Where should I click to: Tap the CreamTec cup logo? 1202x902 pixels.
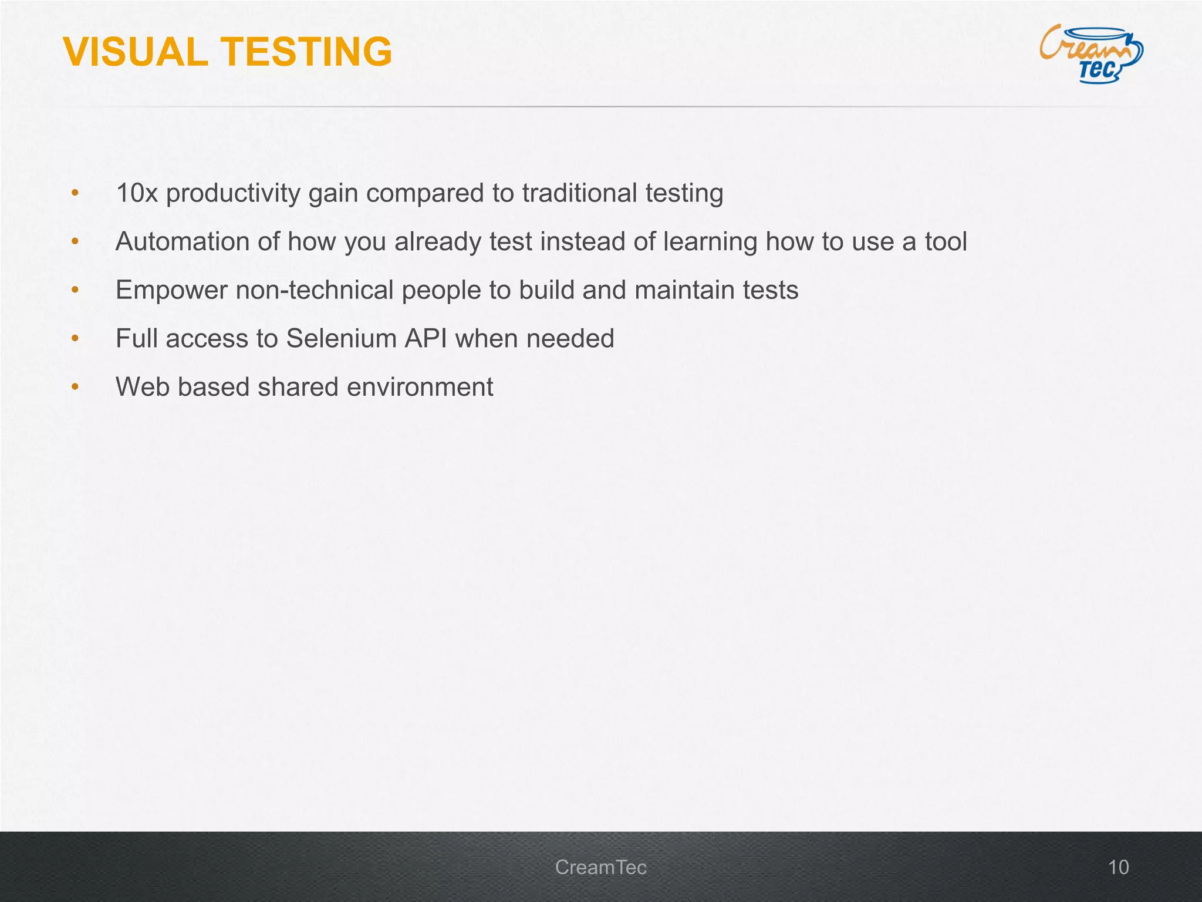point(1091,53)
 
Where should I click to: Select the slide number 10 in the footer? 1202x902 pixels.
point(1118,867)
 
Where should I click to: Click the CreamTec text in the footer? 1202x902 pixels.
point(600,867)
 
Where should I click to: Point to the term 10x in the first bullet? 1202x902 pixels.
point(137,193)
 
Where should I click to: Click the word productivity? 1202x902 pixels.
point(233,193)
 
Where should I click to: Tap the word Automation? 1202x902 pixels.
point(183,241)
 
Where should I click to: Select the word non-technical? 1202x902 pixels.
point(322,290)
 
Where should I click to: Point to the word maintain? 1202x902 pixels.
point(677,290)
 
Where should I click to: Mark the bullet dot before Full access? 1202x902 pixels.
point(75,339)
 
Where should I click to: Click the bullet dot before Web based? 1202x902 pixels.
point(75,387)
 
